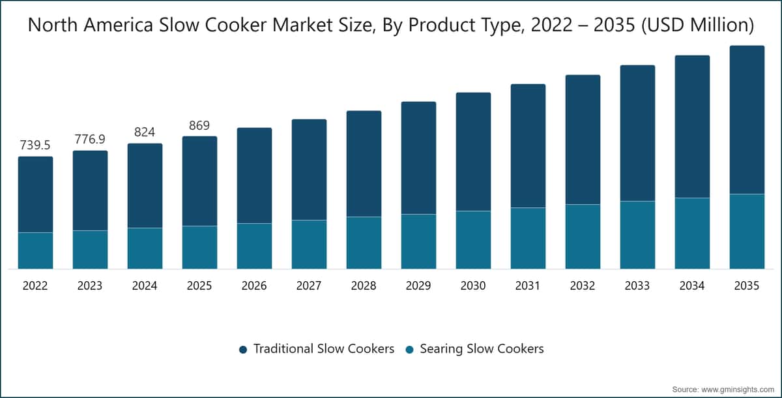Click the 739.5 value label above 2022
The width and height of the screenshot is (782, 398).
tap(35, 145)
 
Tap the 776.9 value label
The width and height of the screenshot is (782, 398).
tap(90, 139)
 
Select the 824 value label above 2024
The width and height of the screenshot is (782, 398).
tap(145, 132)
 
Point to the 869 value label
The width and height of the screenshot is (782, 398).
tap(199, 125)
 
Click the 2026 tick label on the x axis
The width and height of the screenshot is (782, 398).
tap(254, 286)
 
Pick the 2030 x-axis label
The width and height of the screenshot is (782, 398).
tap(473, 286)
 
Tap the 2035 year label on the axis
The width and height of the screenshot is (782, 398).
tap(747, 286)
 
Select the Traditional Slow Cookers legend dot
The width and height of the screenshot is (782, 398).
tap(243, 350)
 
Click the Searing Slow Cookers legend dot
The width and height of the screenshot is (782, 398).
tap(409, 350)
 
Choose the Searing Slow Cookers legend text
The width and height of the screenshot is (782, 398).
tap(482, 348)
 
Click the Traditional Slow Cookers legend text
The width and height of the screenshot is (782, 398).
tap(324, 348)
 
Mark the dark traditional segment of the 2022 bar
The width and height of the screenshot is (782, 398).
tap(36, 194)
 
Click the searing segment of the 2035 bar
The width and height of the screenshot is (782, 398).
tap(747, 232)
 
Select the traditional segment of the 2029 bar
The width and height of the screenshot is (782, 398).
tap(418, 158)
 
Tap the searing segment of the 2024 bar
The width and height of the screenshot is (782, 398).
tap(145, 249)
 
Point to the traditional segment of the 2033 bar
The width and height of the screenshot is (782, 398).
tap(637, 133)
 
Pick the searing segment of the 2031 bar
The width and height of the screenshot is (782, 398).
tap(529, 238)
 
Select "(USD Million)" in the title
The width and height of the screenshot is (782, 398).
tap(698, 25)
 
